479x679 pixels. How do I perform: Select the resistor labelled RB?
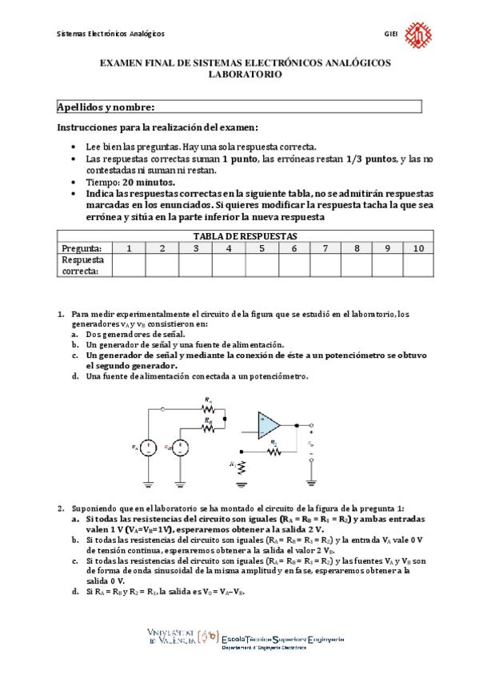tap(209, 427)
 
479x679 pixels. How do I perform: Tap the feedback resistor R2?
tap(274, 450)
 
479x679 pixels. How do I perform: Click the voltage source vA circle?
tap(149, 447)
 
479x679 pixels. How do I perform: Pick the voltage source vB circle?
tap(182, 447)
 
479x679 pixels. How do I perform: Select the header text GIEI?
tap(391, 34)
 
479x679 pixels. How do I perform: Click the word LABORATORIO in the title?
tap(245, 73)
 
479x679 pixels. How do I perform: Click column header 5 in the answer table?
tap(261, 248)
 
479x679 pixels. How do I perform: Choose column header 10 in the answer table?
tap(418, 248)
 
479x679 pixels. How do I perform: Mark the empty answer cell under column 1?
tap(128, 265)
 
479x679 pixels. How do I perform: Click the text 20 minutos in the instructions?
tap(147, 183)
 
